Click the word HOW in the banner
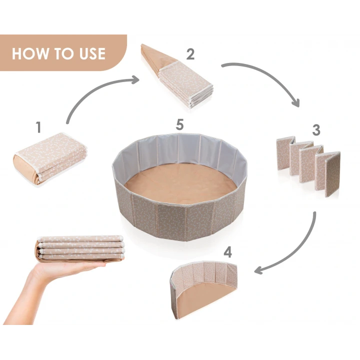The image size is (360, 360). pyautogui.click(x=30, y=53)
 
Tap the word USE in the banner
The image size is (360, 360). pyautogui.click(x=92, y=53)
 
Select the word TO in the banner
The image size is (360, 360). pyautogui.click(x=64, y=53)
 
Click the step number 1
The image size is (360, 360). pyautogui.click(x=38, y=127)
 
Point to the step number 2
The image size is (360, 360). pyautogui.click(x=190, y=54)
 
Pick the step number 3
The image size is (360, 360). pyautogui.click(x=316, y=129)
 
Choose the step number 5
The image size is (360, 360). pyautogui.click(x=180, y=124)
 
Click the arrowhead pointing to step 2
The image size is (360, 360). pyautogui.click(x=135, y=80)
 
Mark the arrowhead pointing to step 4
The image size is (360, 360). pyautogui.click(x=258, y=270)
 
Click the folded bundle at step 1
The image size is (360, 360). pyautogui.click(x=50, y=158)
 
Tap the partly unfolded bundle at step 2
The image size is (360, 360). pyautogui.click(x=177, y=76)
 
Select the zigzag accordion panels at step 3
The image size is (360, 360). pyautogui.click(x=308, y=166)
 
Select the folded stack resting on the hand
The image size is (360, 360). pyautogui.click(x=80, y=248)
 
